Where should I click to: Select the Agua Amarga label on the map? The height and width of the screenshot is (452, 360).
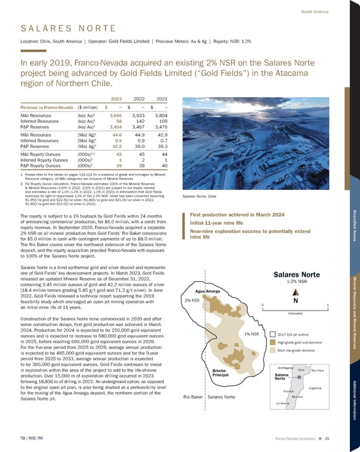click(208, 292)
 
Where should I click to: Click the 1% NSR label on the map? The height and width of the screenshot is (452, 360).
click(251, 333)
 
